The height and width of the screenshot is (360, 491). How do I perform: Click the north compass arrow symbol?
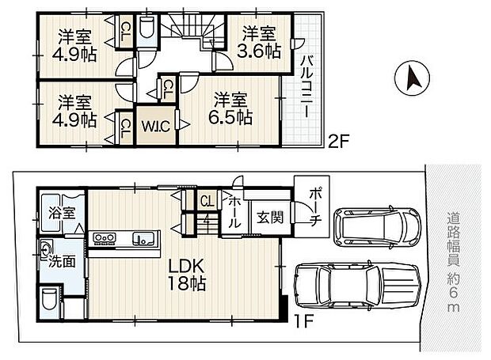click(412, 78)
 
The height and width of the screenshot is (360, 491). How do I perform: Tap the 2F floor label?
click(338, 142)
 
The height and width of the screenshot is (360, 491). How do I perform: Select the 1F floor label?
click(304, 321)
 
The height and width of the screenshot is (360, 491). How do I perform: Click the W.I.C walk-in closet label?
click(156, 127)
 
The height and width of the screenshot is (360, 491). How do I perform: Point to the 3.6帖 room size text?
click(258, 51)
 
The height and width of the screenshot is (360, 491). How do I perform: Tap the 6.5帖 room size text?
click(230, 118)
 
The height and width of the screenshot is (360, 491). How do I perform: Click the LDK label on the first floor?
click(186, 266)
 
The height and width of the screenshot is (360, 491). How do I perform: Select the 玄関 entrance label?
click(270, 218)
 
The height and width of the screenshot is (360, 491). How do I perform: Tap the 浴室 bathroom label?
click(62, 214)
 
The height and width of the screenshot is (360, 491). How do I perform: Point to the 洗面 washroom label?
click(62, 261)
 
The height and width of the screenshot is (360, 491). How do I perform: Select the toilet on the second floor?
click(147, 28)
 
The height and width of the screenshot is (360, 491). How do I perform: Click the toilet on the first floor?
click(49, 299)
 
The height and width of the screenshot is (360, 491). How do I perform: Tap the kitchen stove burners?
click(105, 238)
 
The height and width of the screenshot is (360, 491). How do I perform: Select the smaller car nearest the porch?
click(377, 227)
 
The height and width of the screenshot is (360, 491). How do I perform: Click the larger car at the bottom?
click(357, 286)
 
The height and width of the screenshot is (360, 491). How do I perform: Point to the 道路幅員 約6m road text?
click(453, 262)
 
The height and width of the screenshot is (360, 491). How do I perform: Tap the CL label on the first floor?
click(207, 201)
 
